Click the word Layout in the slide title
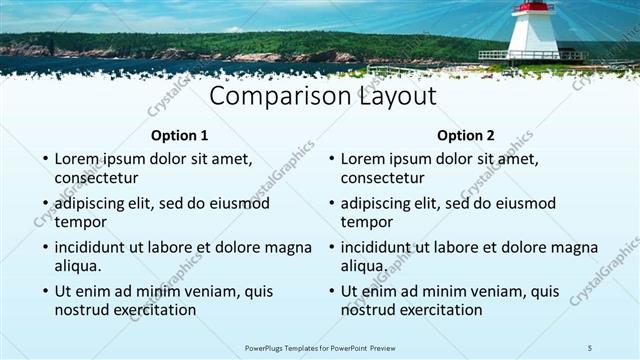pyautogui.click(x=393, y=97)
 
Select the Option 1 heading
pyautogui.click(x=180, y=135)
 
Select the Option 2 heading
pyautogui.click(x=466, y=135)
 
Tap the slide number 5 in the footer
pyautogui.click(x=590, y=347)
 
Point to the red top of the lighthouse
pyautogui.click(x=533, y=7)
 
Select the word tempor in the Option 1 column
pyautogui.click(x=80, y=222)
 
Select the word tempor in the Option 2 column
pyautogui.click(x=366, y=222)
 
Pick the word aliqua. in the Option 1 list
pyautogui.click(x=78, y=266)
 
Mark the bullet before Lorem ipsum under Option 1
pyautogui.click(x=44, y=159)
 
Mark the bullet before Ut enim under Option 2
pyautogui.click(x=330, y=292)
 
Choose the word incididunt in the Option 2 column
pyautogui.click(x=381, y=247)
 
